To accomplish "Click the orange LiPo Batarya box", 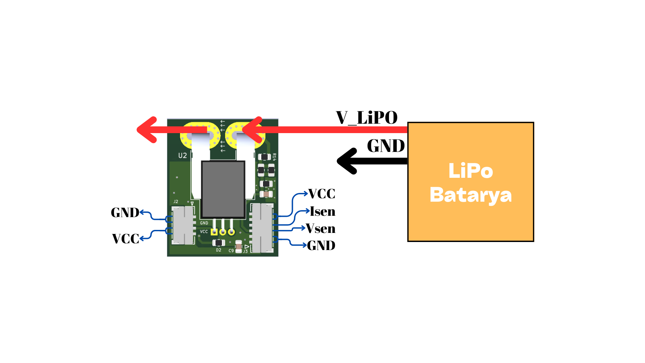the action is pos(470,182).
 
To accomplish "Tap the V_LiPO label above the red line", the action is pos(367,118).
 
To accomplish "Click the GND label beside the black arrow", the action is pos(386,146).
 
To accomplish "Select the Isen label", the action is pos(322,211).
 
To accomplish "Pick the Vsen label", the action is pos(320,229).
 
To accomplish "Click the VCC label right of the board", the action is pos(321,194).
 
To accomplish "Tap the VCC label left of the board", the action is pos(125,239).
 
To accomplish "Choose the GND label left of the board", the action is pos(125,212).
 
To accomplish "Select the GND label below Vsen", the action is pos(321,246).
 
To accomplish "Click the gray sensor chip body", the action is pos(223,189).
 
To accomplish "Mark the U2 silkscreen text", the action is pos(182,155).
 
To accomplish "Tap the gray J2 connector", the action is pos(183,225).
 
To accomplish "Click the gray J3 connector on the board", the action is pos(262,228).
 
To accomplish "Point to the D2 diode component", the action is pos(219,243).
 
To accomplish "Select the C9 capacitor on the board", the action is pos(239,247).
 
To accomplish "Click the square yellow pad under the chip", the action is pos(214,232).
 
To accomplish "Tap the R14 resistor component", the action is pos(264,157).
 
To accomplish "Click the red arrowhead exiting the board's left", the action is pos(147,130).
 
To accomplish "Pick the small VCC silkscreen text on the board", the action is pos(204,232).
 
